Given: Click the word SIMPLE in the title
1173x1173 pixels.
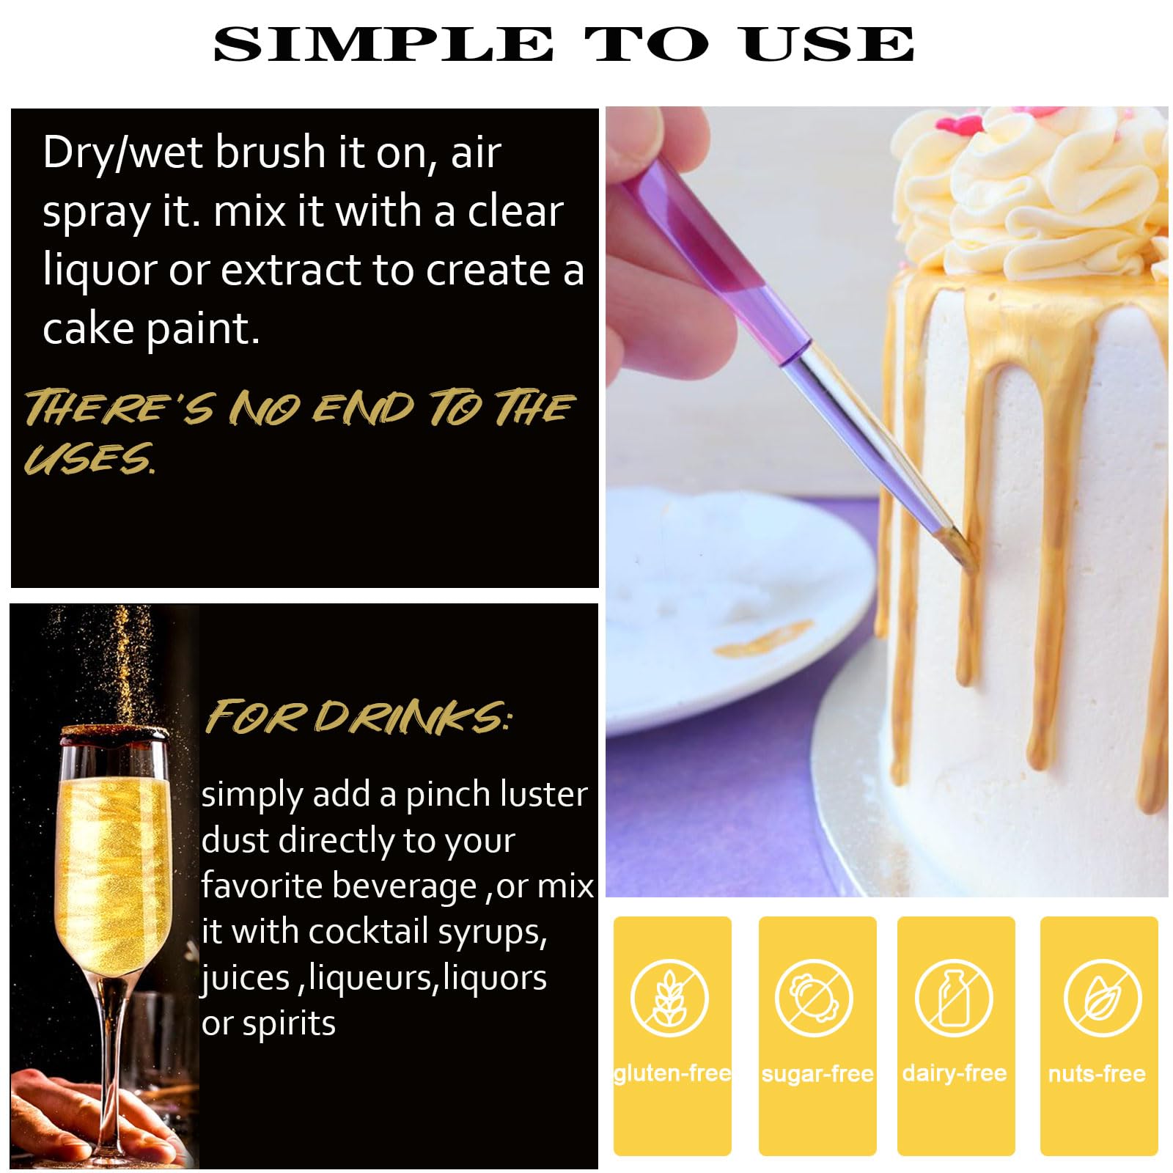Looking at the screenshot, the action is tap(383, 44).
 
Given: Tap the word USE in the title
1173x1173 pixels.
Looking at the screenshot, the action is tap(828, 44).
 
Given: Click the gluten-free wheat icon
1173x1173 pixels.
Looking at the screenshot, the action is tap(670, 998).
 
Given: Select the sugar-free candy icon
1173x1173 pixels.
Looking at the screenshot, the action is tap(815, 998).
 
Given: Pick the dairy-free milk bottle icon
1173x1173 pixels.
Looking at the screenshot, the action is tap(954, 998).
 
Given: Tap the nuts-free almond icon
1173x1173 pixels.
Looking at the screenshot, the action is tap(1103, 998).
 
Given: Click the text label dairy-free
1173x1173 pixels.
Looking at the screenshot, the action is tap(955, 1073).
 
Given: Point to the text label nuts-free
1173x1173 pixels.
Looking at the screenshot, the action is tap(1097, 1074).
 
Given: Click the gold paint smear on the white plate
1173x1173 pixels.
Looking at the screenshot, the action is tap(763, 638).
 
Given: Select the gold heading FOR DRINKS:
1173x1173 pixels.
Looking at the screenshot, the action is tap(358, 716).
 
